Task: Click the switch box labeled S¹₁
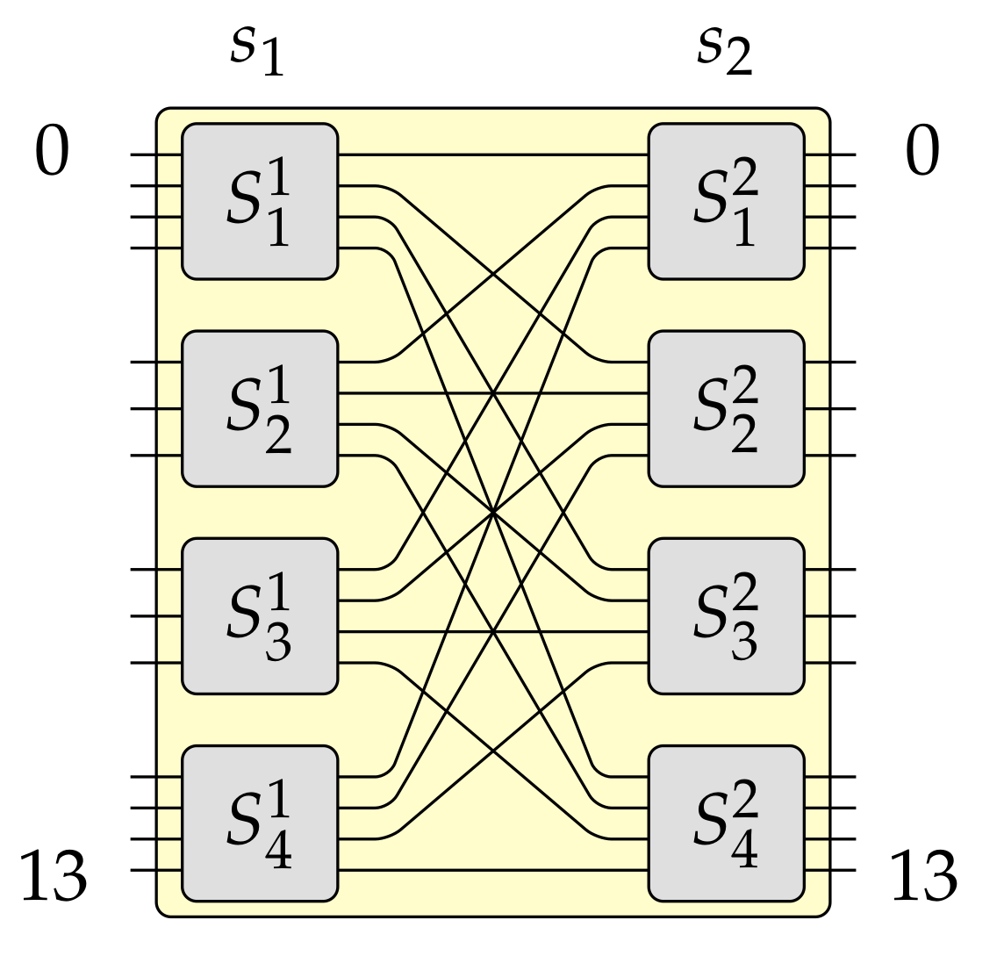click(260, 201)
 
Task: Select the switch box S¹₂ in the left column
click(260, 408)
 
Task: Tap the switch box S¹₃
click(260, 615)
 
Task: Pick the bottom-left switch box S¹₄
click(260, 823)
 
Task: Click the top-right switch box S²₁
click(726, 201)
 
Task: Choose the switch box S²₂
click(726, 408)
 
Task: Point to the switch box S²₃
click(726, 615)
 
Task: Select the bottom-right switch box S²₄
click(726, 823)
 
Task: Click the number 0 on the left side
click(51, 152)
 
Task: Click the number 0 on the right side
click(922, 152)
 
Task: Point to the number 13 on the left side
click(53, 877)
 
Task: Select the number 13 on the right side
click(923, 877)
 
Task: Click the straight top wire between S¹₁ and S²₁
click(491, 155)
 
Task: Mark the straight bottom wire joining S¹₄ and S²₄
click(491, 870)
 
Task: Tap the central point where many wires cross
click(494, 512)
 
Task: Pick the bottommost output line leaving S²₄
click(841, 870)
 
